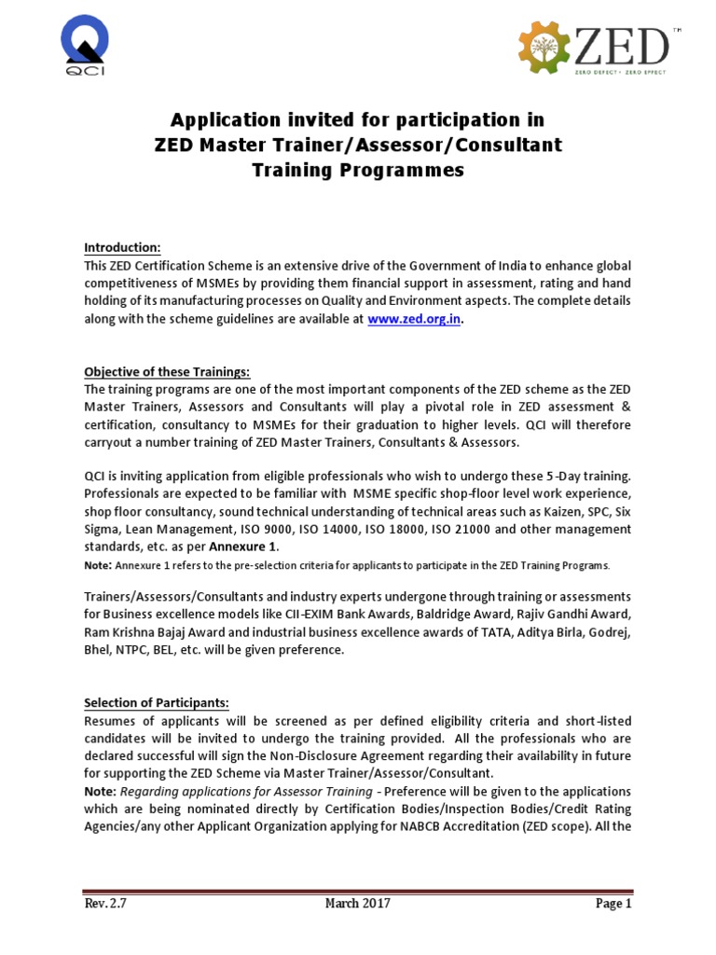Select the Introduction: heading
coord(122,247)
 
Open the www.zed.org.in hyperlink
coord(414,318)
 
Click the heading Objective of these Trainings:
coord(167,371)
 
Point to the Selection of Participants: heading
coord(156,701)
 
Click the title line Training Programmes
coord(358,171)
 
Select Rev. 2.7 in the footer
coord(103,903)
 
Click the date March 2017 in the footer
coord(357,903)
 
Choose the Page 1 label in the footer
coord(613,903)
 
